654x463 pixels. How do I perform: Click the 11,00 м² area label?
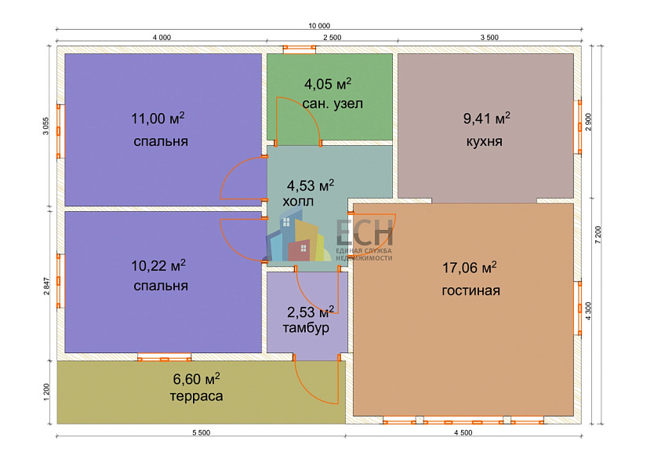click(158, 118)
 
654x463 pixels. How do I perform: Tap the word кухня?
click(484, 141)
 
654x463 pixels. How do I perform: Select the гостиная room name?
click(471, 290)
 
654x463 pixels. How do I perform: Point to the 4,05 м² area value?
click(328, 83)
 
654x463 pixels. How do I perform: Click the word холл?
click(298, 202)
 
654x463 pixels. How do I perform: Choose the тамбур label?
click(306, 328)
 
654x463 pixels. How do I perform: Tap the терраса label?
click(196, 396)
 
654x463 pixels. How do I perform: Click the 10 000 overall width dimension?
click(319, 26)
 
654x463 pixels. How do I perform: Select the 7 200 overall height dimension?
click(598, 235)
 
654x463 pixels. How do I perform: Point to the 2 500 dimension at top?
click(332, 38)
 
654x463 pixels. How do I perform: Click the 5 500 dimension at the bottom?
click(201, 433)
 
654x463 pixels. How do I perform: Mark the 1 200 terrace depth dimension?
click(46, 392)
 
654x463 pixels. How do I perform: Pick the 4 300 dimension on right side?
click(588, 311)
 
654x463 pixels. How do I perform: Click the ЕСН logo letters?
click(365, 231)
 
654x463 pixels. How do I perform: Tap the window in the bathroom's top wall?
click(300, 49)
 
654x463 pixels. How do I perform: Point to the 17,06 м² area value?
click(469, 267)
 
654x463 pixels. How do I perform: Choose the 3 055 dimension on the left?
click(46, 126)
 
